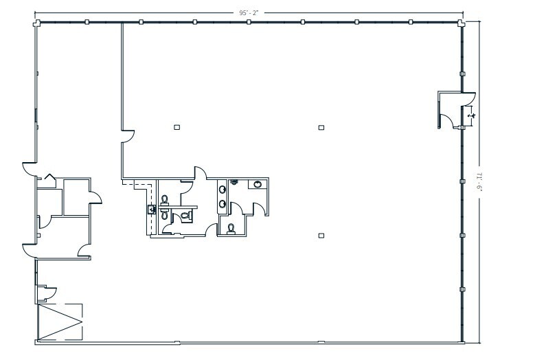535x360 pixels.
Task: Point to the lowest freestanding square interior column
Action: click(321, 236)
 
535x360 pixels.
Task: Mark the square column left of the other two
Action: click(177, 126)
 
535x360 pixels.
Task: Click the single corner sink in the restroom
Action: click(257, 185)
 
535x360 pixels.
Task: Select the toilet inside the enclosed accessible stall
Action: click(184, 216)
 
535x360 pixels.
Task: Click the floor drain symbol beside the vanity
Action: click(234, 182)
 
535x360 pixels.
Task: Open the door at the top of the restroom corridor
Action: click(201, 173)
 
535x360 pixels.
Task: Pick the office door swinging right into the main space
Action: click(95, 199)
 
